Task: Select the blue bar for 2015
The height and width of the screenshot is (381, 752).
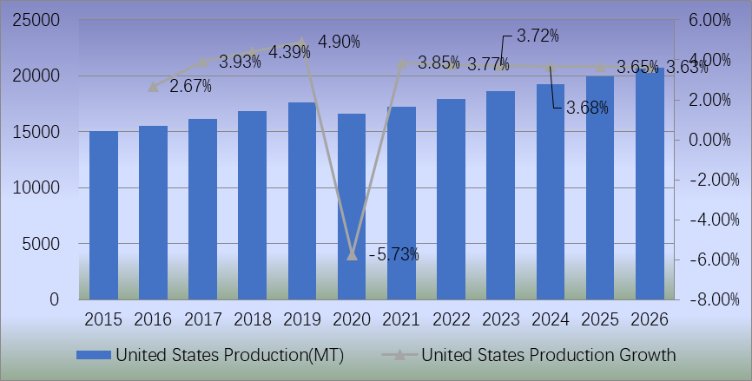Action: (x=103, y=215)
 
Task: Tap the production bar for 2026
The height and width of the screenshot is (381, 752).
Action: (x=650, y=184)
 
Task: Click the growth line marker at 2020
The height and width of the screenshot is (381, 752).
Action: (x=352, y=255)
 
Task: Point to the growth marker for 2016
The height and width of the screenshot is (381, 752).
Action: (x=154, y=87)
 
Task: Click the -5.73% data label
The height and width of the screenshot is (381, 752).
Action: (x=394, y=254)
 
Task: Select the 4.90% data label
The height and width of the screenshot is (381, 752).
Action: (x=339, y=42)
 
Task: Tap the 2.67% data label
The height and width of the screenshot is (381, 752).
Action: (x=190, y=86)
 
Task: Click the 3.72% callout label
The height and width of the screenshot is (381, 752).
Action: (x=538, y=36)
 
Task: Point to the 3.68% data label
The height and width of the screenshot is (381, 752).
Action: (x=587, y=108)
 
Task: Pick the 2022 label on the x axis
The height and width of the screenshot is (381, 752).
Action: (x=452, y=319)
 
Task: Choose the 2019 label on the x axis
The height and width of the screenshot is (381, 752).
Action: (x=302, y=319)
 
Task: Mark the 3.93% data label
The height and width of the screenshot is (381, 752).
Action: (x=241, y=62)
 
